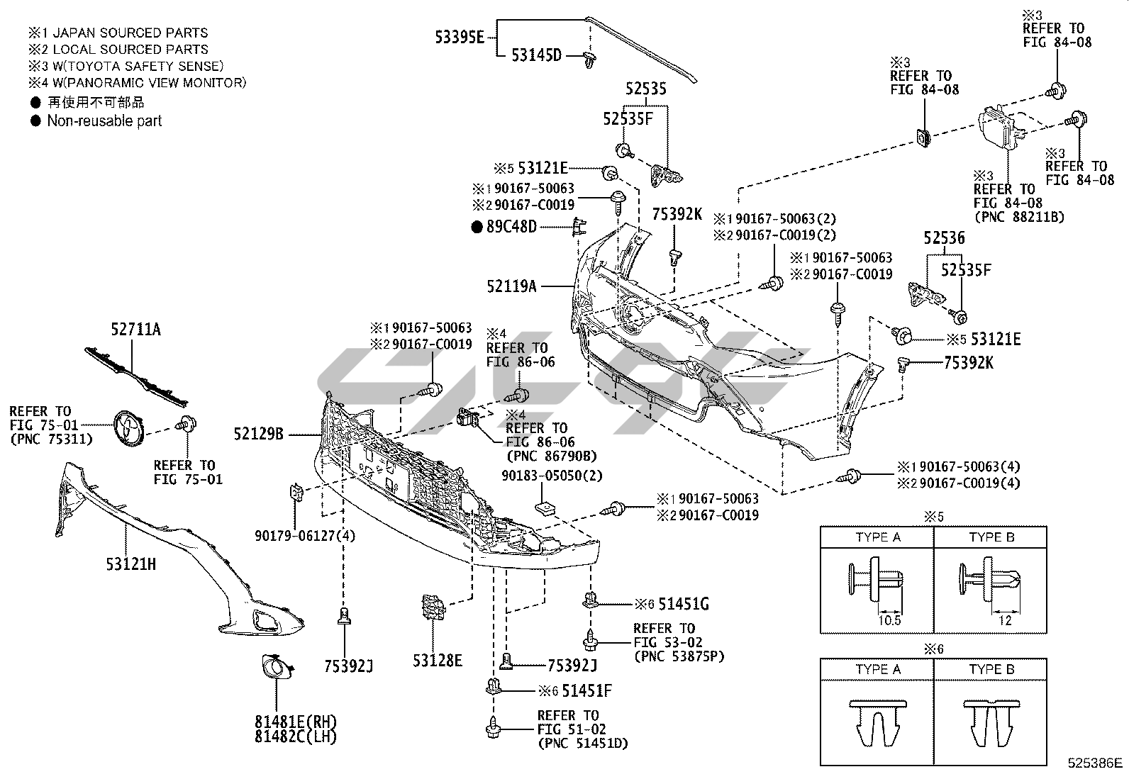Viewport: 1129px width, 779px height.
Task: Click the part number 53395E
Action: click(x=459, y=38)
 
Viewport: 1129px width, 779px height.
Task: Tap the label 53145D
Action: click(x=536, y=55)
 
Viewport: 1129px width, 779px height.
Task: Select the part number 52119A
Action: click(x=511, y=286)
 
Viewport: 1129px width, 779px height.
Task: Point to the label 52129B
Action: click(x=259, y=434)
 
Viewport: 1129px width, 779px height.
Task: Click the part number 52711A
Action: click(x=135, y=330)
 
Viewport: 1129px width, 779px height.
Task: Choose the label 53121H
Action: click(x=131, y=564)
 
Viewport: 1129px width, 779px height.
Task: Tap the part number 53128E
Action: click(x=438, y=661)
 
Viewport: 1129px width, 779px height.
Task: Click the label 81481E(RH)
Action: click(x=296, y=722)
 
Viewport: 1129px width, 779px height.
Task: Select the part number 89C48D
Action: click(x=511, y=227)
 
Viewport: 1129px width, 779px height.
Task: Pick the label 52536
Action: click(x=944, y=238)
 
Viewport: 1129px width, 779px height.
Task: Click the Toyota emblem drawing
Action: click(x=128, y=430)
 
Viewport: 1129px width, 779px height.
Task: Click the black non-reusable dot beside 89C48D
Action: click(x=477, y=228)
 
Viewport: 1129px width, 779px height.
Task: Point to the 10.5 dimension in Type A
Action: click(x=889, y=620)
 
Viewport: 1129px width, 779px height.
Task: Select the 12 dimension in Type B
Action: click(x=1005, y=620)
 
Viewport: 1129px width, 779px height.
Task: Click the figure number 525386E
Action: click(x=1095, y=763)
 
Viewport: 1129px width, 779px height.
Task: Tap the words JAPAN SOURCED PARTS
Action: click(x=130, y=33)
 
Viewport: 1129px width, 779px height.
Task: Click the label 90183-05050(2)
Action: click(x=552, y=476)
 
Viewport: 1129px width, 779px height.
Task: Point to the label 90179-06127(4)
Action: click(x=305, y=536)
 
